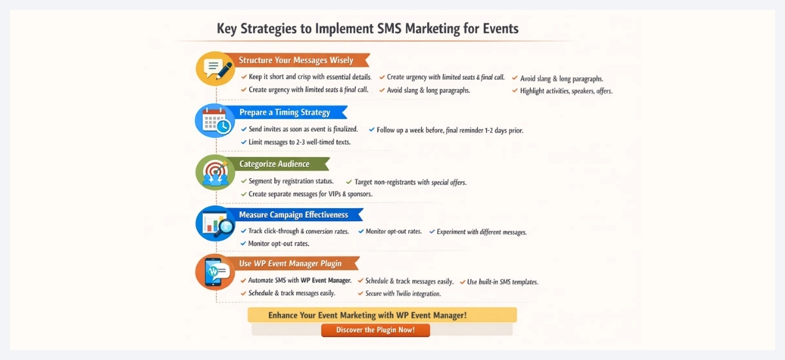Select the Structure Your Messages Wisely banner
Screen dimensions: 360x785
[x=296, y=60]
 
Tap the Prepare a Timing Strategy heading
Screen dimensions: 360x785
[x=284, y=112]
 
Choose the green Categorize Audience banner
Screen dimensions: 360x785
[x=274, y=164]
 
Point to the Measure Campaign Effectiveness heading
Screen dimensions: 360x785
[x=293, y=215]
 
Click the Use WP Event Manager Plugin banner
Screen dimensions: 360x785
[x=289, y=264]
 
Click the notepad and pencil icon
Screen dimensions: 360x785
[x=216, y=68]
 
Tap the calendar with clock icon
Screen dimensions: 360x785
[x=215, y=120]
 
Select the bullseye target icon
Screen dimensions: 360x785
[x=215, y=172]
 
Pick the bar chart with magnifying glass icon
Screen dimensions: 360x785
[x=215, y=224]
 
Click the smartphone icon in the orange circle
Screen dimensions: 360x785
[x=215, y=272]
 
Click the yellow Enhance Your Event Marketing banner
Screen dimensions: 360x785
[x=382, y=315]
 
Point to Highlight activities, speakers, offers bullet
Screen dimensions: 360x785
[x=566, y=91]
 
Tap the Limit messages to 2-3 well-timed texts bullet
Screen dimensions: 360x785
[x=299, y=142]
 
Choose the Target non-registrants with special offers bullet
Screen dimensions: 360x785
[x=410, y=182]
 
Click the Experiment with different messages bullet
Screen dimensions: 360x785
[x=481, y=232]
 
